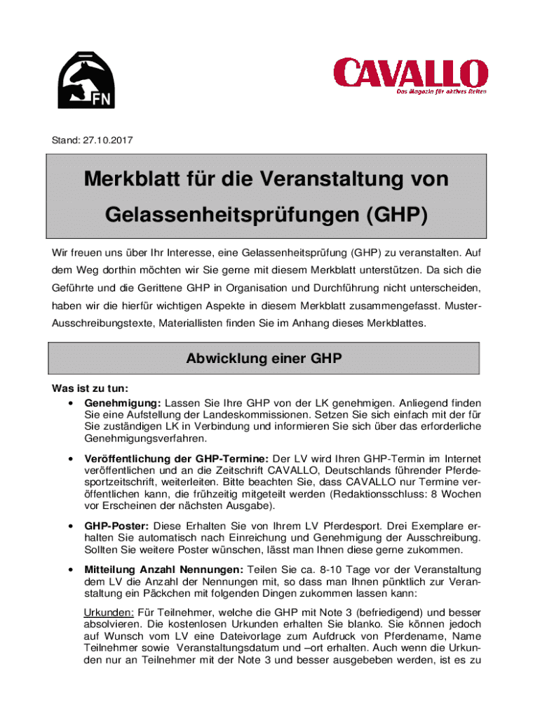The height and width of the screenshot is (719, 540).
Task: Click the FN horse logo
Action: click(x=86, y=79)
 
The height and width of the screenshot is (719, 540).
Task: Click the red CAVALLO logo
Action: click(x=410, y=74)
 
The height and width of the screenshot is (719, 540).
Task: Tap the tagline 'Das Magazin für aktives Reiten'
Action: click(x=441, y=92)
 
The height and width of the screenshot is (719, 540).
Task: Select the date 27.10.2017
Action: click(x=105, y=141)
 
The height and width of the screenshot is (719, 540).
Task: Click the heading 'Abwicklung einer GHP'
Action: click(x=264, y=359)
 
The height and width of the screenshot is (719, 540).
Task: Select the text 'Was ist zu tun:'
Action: click(x=90, y=389)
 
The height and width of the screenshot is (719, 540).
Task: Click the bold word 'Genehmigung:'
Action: click(x=123, y=403)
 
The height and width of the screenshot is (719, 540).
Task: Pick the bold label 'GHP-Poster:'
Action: click(x=116, y=526)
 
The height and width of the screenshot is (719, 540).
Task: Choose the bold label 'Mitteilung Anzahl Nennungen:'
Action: click(x=164, y=569)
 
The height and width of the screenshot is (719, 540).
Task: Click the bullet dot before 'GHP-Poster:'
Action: click(x=71, y=526)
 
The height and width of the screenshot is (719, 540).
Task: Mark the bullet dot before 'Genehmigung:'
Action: click(x=71, y=403)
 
